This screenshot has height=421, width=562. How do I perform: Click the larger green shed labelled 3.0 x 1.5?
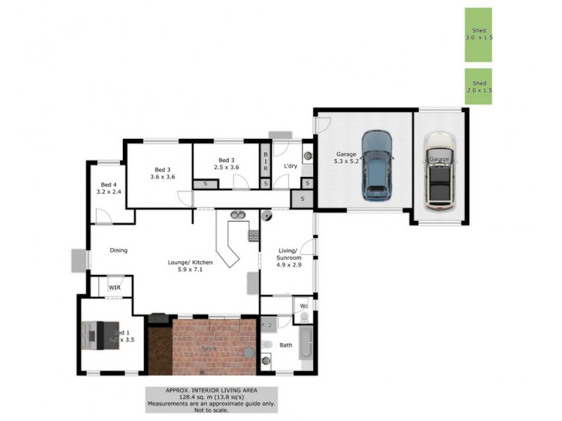point(478,35)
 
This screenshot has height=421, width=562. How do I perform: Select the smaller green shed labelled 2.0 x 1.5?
point(478,86)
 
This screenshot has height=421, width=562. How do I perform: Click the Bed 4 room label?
point(109,188)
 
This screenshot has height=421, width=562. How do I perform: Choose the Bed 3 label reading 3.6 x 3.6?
point(162,173)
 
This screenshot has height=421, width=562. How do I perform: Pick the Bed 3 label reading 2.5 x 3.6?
point(226,163)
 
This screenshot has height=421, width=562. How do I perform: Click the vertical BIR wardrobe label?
point(266,163)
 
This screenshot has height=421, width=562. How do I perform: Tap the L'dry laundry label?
point(291,166)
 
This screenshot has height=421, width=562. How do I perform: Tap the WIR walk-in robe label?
point(114,287)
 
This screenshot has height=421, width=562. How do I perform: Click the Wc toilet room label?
point(304,307)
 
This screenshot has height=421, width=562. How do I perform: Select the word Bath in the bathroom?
point(285,345)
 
